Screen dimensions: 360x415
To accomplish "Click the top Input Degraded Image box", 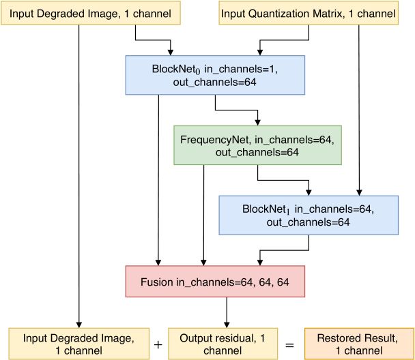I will click(91, 14).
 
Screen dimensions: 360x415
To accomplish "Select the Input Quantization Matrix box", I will click(309, 14).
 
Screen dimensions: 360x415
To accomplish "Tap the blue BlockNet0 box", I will click(215, 74).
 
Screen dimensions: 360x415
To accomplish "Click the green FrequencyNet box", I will click(257, 145).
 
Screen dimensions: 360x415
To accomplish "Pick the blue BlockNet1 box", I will click(309, 215).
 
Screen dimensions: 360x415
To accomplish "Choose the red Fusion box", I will click(215, 281).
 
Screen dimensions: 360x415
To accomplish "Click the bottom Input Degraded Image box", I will click(78, 344).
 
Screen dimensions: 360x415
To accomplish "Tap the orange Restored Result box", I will click(358, 344).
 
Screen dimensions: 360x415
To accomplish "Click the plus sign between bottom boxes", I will click(158, 345).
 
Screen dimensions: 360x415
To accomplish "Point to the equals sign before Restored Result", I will click(289, 345).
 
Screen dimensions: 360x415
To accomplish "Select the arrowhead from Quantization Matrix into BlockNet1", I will click(359, 192).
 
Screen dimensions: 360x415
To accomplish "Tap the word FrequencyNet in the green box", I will click(212, 140).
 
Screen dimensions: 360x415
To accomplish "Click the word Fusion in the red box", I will click(157, 281).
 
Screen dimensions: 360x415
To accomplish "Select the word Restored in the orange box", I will click(338, 337).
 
